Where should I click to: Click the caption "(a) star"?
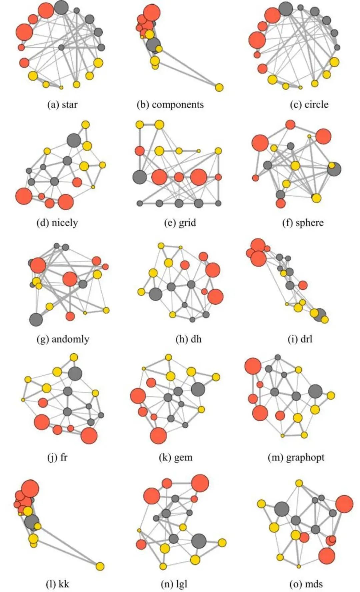pyautogui.click(x=62, y=105)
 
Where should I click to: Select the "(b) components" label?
pyautogui.click(x=170, y=105)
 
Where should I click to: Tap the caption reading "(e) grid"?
pyautogui.click(x=180, y=222)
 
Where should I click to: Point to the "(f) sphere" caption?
pyautogui.click(x=303, y=222)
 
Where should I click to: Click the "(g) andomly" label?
pyautogui.click(x=63, y=339)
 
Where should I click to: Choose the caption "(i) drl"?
pyautogui.click(x=300, y=339)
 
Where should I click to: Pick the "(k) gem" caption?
pyautogui.click(x=176, y=457)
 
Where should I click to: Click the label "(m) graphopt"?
pyautogui.click(x=296, y=457)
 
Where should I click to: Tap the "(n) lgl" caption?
pyautogui.click(x=174, y=583)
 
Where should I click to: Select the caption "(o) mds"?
pyautogui.click(x=306, y=583)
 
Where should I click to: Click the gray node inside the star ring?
pyautogui.click(x=61, y=47)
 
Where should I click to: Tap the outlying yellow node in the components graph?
pyautogui.click(x=219, y=87)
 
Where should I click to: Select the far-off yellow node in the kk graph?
pyautogui.click(x=100, y=566)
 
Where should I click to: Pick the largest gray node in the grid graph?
pyautogui.click(x=139, y=177)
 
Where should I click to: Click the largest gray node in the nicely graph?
pyautogui.click(x=74, y=140)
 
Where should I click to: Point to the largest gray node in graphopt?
pyautogui.click(x=315, y=391)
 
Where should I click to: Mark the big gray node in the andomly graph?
pyautogui.click(x=36, y=320)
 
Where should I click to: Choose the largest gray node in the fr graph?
pyautogui.click(x=75, y=373)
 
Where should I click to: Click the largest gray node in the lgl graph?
pyautogui.click(x=199, y=541)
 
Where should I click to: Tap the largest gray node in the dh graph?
pyautogui.click(x=155, y=294)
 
